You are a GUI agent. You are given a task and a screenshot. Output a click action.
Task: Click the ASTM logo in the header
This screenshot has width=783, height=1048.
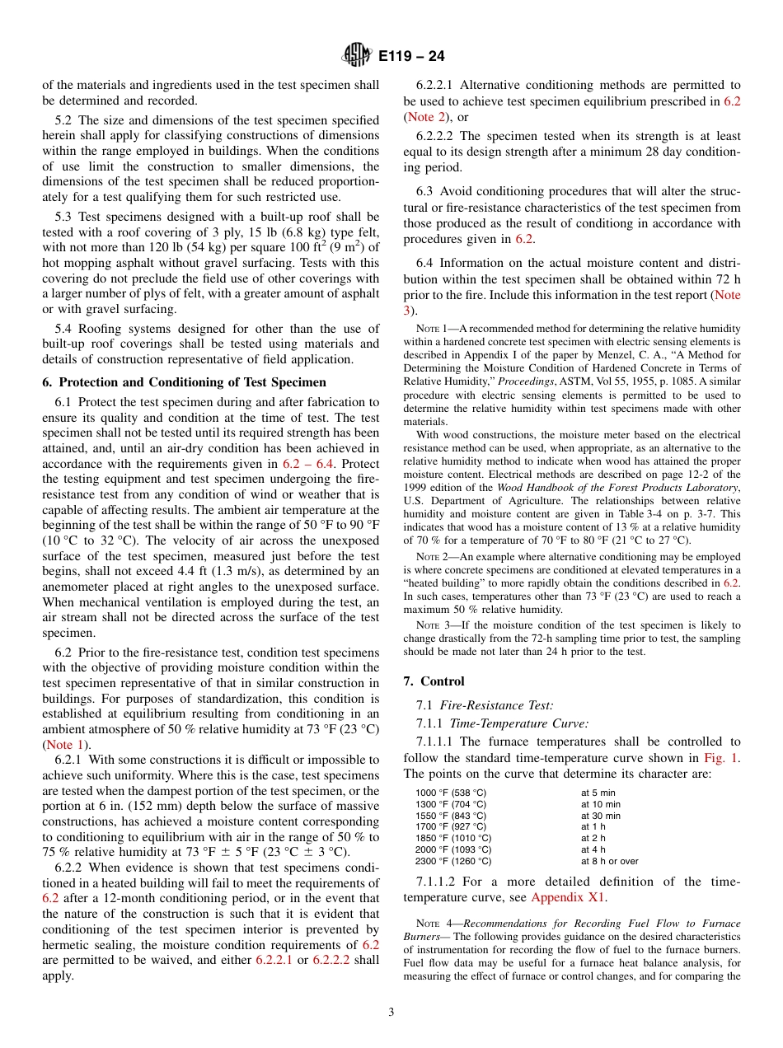(x=357, y=56)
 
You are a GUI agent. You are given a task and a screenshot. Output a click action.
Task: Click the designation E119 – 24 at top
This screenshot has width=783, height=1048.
(x=411, y=57)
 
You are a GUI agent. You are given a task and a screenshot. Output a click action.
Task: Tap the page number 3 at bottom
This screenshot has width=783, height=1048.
(x=391, y=1013)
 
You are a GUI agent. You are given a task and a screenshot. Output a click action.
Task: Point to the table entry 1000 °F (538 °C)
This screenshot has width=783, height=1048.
(x=451, y=793)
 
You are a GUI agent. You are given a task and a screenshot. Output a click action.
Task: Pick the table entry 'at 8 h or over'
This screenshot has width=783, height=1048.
(x=609, y=861)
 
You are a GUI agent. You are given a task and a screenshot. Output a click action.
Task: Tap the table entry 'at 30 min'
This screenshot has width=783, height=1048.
(x=601, y=816)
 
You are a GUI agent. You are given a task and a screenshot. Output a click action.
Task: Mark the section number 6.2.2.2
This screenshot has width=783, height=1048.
(x=435, y=135)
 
